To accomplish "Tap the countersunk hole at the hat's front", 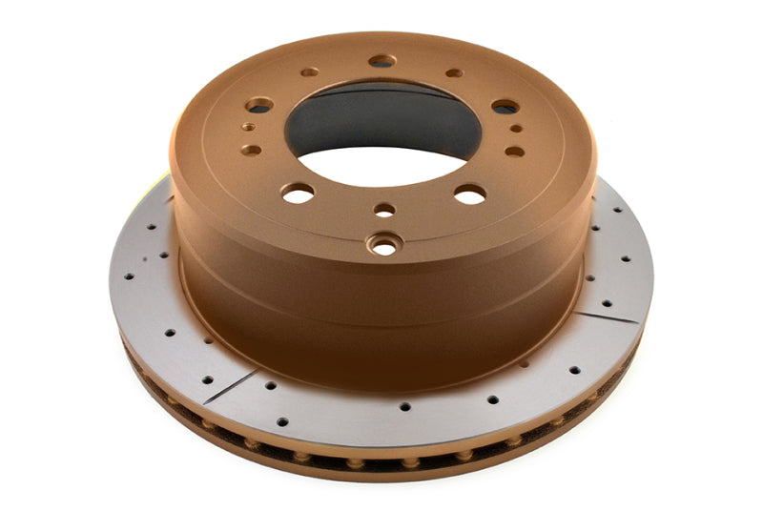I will point(385,245).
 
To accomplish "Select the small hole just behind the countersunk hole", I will point(384,209).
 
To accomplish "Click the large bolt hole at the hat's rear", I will point(381,61).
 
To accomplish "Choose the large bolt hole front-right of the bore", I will point(470,194).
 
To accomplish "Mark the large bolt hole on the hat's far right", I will point(505,107).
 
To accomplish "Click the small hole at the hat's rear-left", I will point(310,72).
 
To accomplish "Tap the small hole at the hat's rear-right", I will point(454,72).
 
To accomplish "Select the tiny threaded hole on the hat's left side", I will point(249,125).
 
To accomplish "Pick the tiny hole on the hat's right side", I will point(515,127).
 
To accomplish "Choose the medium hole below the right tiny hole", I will point(514,151).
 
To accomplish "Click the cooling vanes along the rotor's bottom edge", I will point(381,464).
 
